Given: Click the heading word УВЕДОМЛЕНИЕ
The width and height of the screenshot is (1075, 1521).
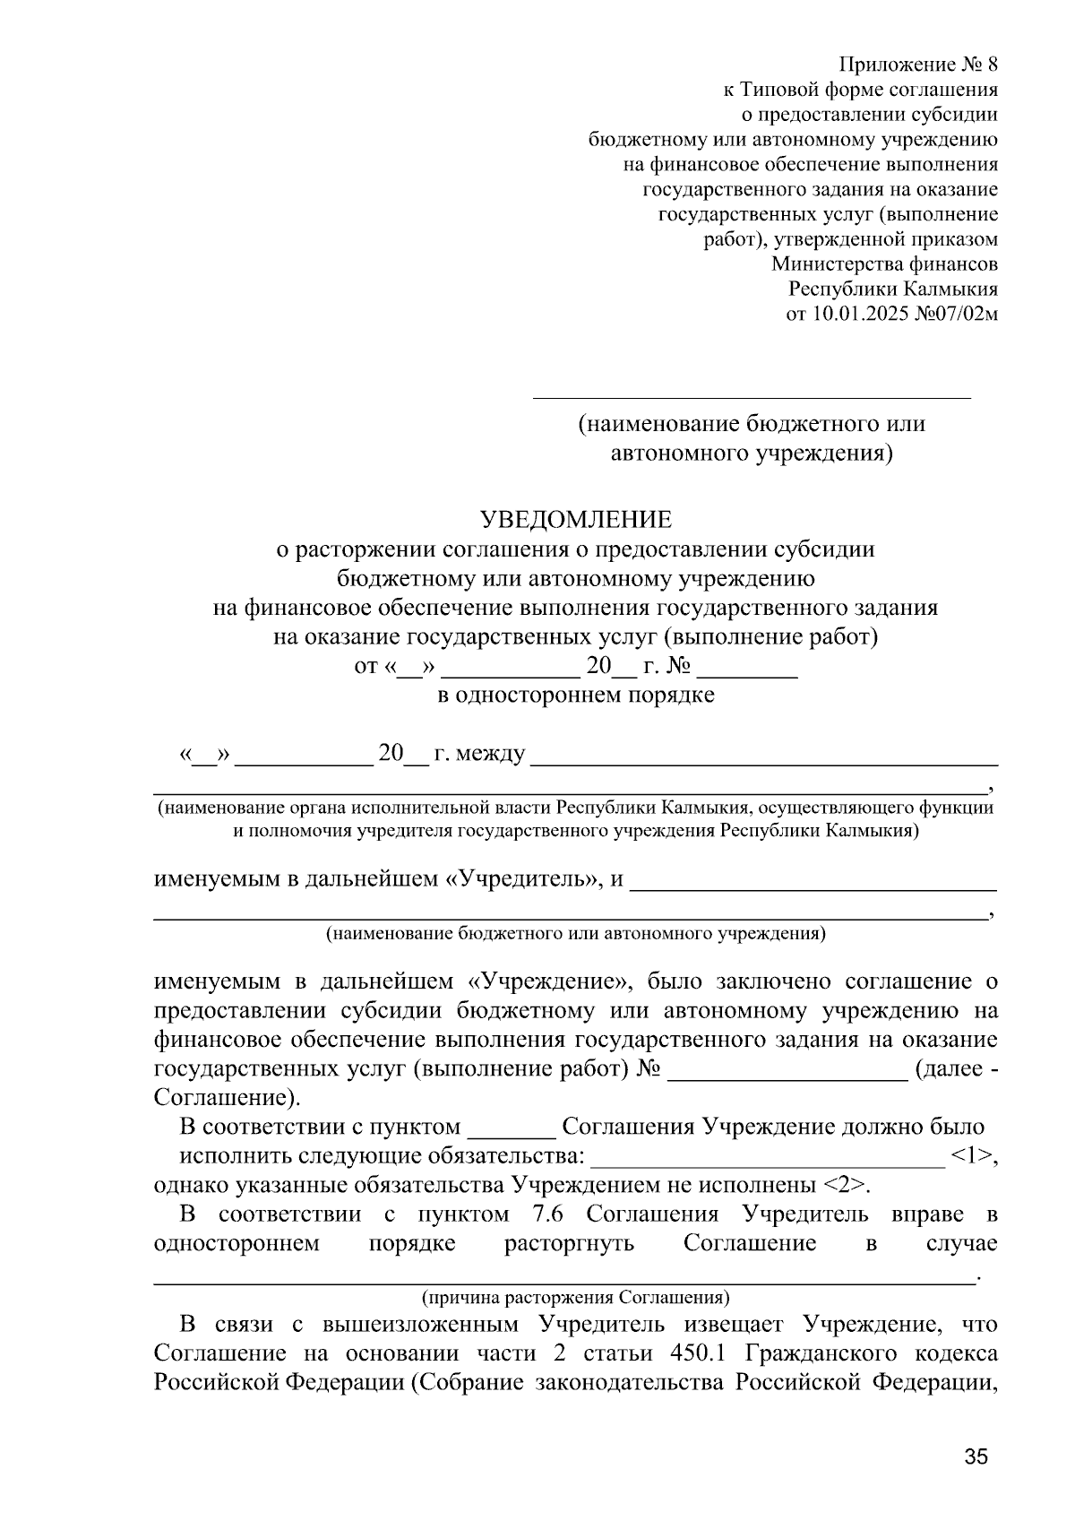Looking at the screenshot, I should tap(575, 520).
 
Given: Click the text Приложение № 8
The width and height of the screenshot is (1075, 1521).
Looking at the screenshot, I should tap(917, 65).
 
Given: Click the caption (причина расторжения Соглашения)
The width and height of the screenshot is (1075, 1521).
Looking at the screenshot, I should tap(575, 1297).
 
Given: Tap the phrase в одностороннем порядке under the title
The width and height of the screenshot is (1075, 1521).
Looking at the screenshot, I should tap(575, 695).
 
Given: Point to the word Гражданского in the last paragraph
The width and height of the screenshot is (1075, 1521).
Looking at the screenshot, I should tap(830, 1352).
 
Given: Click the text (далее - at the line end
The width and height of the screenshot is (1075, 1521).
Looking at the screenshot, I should tap(956, 1068).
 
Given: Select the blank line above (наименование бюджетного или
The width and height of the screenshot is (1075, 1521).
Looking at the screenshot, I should tap(752, 394).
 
